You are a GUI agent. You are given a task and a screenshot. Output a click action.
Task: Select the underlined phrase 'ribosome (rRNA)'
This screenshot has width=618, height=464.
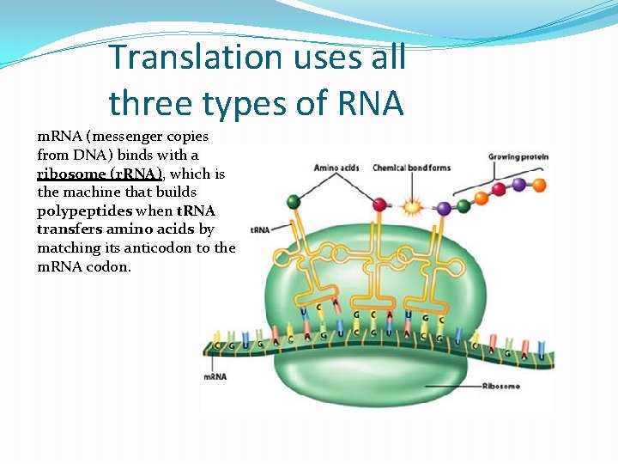pos(100,174)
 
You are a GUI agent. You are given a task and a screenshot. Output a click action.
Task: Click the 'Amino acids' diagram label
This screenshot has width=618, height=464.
pos(336,168)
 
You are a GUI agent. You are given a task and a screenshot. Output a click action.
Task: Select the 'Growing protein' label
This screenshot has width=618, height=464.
pos(518,157)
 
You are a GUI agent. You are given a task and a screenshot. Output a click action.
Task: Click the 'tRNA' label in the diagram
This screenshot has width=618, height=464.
pos(260,230)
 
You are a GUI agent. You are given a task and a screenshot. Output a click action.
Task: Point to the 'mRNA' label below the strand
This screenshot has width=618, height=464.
pos(215,376)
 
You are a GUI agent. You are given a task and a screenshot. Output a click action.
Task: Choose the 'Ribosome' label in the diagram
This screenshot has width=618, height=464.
pos(501,387)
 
